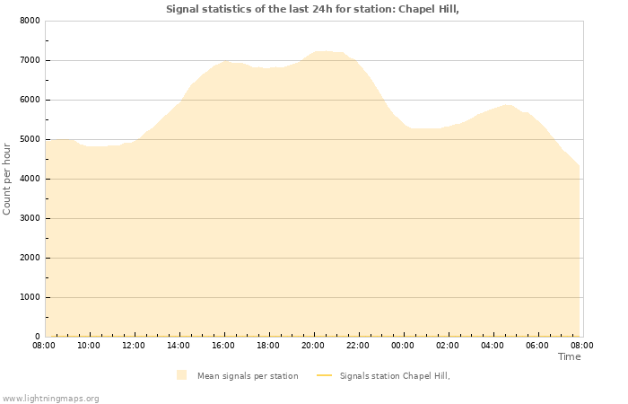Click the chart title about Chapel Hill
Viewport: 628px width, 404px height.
click(x=318, y=9)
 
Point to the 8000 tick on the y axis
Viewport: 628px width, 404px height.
click(x=30, y=21)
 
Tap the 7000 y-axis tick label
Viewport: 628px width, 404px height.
click(x=30, y=60)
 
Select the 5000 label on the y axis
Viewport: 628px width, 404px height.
click(x=30, y=139)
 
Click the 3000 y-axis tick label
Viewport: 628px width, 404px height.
click(x=30, y=218)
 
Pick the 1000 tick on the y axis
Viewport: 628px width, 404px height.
click(x=30, y=297)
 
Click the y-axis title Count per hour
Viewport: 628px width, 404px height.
click(x=8, y=178)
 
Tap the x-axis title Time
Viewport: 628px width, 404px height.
click(x=569, y=356)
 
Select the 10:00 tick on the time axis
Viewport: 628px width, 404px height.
click(x=89, y=345)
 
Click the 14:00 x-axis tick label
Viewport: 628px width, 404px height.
click(x=179, y=345)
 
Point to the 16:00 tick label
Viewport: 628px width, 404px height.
click(x=223, y=345)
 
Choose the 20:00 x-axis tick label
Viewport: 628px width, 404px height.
click(x=313, y=345)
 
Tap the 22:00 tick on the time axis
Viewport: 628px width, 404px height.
click(x=358, y=345)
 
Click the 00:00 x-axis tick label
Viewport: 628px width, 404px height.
click(x=403, y=345)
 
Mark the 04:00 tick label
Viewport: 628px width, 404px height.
click(x=493, y=345)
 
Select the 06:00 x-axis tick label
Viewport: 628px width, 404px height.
click(x=537, y=345)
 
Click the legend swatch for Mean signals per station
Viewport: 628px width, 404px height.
click(x=182, y=375)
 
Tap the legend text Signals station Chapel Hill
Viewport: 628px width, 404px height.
click(x=394, y=375)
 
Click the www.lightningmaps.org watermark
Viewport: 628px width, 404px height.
click(x=50, y=398)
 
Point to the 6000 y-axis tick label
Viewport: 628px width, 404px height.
click(x=30, y=100)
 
